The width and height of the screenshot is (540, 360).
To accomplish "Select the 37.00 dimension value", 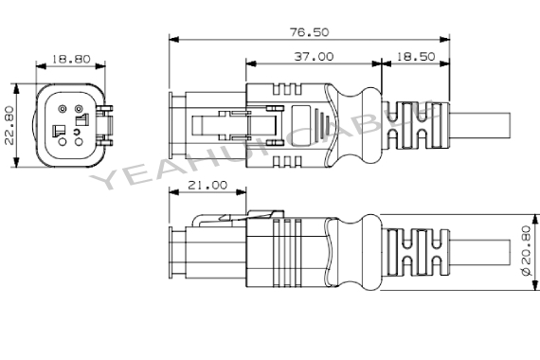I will coord(313,57).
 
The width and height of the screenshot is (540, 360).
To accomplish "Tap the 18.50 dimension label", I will coord(414,57).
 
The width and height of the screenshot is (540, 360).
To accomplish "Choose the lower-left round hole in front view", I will coord(62,143).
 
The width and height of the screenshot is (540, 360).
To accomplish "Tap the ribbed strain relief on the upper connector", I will coord(412,123).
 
